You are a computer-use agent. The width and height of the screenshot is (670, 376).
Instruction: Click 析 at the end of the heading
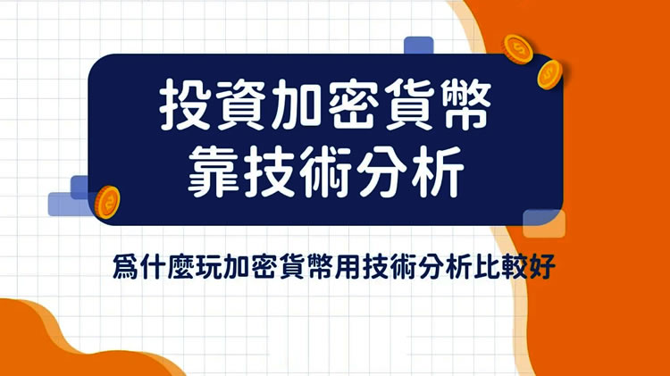(x=432, y=172)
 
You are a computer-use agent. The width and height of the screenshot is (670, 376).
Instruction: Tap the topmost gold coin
(x=516, y=46)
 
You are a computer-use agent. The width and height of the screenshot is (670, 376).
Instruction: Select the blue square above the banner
(x=418, y=46)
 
